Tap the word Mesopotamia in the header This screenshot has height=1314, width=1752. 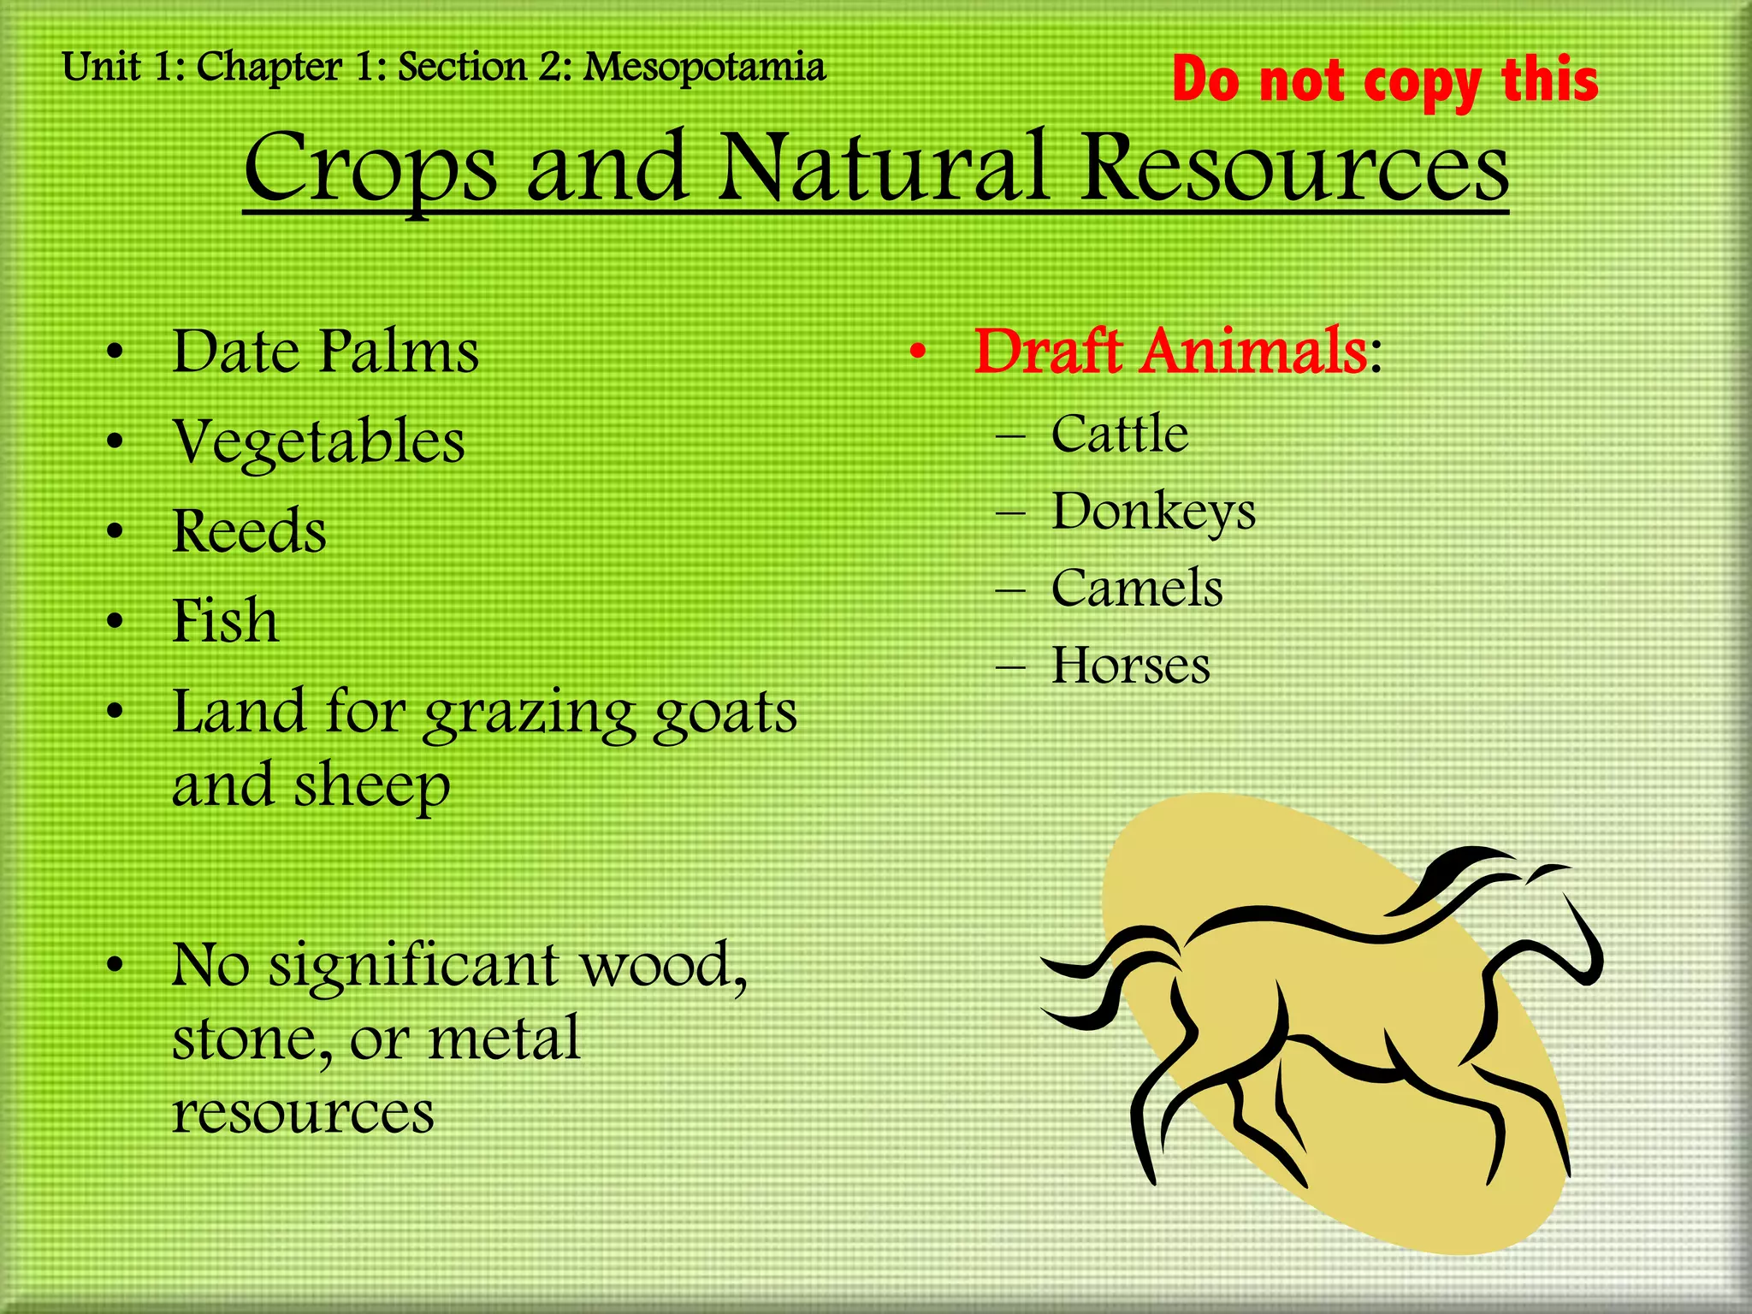click(x=704, y=68)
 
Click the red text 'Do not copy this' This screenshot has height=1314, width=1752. click(x=1384, y=80)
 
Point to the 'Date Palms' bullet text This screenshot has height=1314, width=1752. click(x=325, y=352)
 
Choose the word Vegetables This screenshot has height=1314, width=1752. click(x=318, y=442)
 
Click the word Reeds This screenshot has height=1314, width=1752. click(x=249, y=531)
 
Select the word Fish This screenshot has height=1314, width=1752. click(x=225, y=620)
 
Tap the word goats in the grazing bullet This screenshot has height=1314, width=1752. click(x=725, y=713)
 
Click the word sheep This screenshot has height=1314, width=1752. click(x=371, y=786)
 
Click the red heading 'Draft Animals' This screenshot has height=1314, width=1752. click(x=1170, y=352)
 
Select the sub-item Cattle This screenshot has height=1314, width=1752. click(x=1119, y=434)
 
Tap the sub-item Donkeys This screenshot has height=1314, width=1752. click(x=1152, y=512)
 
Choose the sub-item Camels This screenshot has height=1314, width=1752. click(x=1136, y=589)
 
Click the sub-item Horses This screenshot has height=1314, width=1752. click(x=1130, y=666)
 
